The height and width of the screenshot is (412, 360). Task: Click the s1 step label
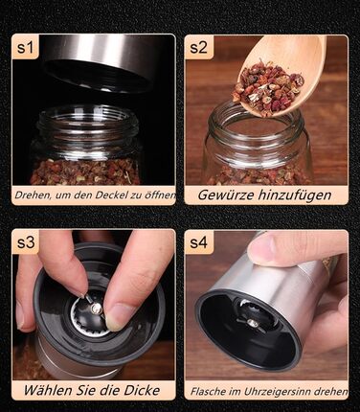[x=26, y=47]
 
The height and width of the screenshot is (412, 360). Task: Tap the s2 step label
[x=198, y=47]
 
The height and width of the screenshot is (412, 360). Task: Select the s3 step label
[x=26, y=242]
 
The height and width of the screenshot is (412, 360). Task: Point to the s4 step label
[x=198, y=242]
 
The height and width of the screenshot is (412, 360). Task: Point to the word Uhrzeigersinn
[x=275, y=391]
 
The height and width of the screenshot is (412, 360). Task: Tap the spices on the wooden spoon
[x=267, y=84]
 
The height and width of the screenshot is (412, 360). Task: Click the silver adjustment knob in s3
[x=96, y=308]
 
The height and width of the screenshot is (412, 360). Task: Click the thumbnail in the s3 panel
[x=116, y=317]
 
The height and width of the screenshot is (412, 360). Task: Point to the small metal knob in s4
[x=254, y=324]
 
